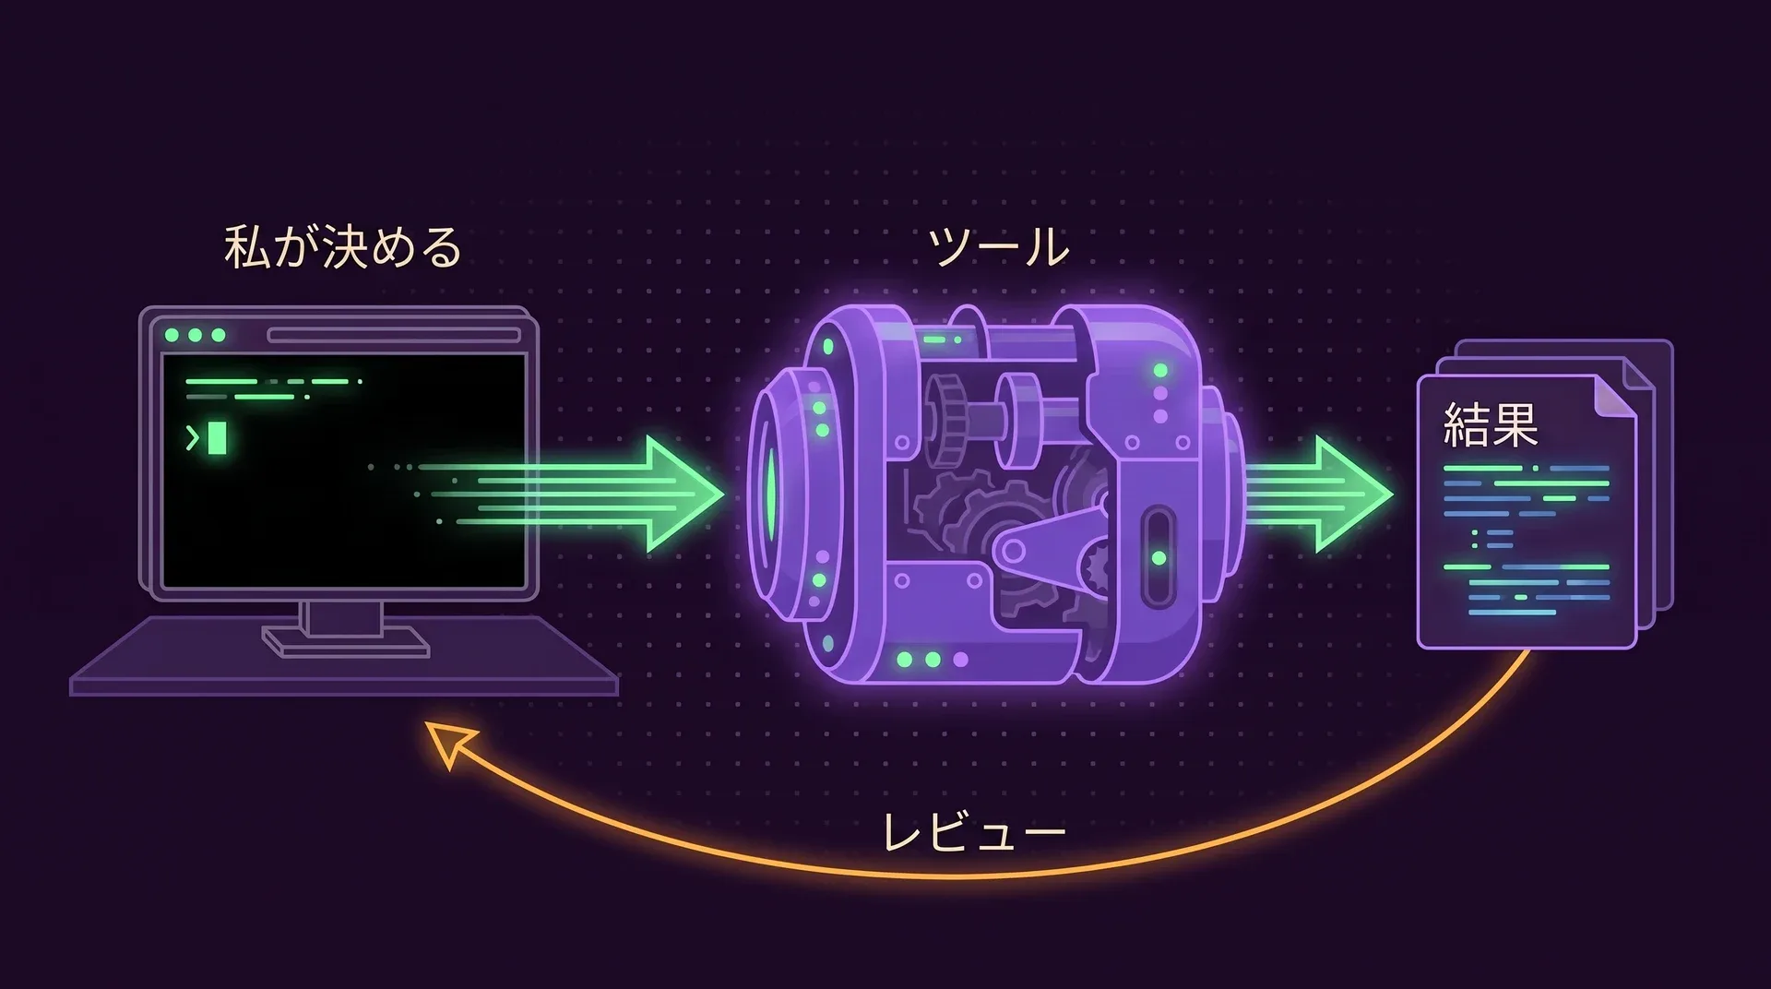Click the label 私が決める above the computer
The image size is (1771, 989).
click(343, 247)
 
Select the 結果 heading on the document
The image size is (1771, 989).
click(1491, 425)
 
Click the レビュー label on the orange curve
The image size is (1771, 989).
click(974, 833)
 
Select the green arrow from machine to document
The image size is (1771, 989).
click(1319, 494)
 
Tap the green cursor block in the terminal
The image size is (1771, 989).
click(217, 438)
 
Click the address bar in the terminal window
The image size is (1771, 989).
click(394, 335)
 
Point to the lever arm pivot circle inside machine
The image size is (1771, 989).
click(1013, 552)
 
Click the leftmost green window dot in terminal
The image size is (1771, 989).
click(172, 335)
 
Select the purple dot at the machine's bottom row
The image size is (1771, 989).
click(960, 660)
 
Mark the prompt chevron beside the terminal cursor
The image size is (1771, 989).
click(193, 438)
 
